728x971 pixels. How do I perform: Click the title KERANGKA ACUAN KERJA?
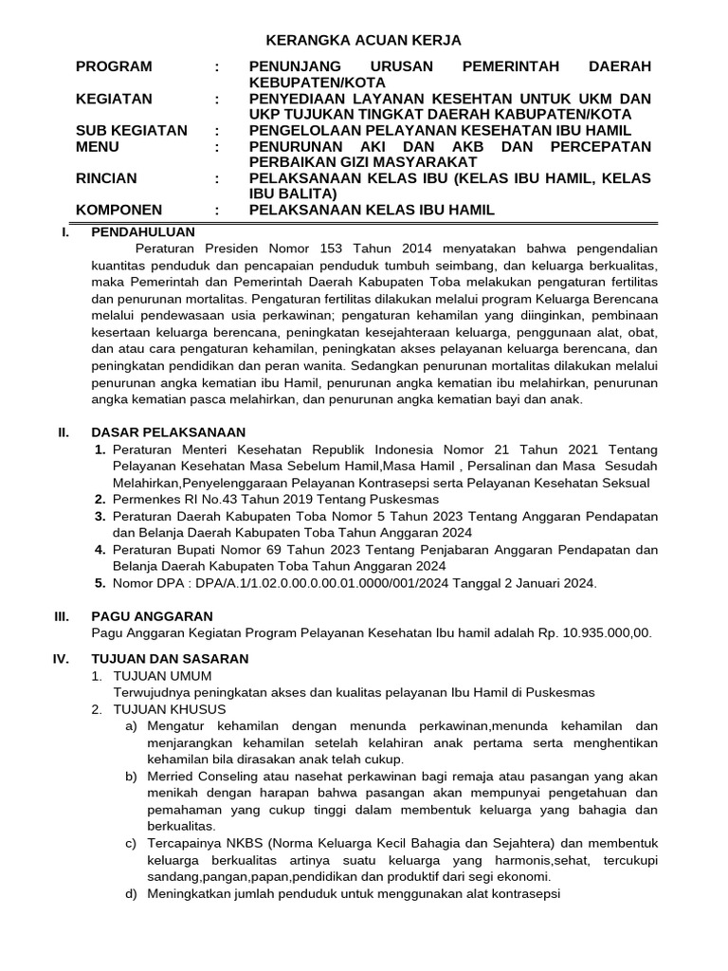pyautogui.click(x=363, y=40)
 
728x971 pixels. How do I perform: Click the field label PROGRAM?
pyautogui.click(x=114, y=66)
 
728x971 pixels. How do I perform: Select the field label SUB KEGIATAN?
pyautogui.click(x=132, y=130)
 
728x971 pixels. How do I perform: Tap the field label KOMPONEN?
pyautogui.click(x=119, y=210)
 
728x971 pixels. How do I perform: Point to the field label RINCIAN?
pyautogui.click(x=106, y=177)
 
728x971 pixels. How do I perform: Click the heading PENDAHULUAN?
pyautogui.click(x=142, y=231)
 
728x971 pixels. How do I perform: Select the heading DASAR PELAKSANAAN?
pyautogui.click(x=169, y=432)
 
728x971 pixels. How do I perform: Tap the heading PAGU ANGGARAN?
pyautogui.click(x=152, y=616)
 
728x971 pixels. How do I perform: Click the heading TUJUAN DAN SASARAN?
pyautogui.click(x=170, y=658)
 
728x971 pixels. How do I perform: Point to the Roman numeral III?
pyautogui.click(x=64, y=616)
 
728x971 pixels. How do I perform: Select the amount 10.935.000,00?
pyautogui.click(x=607, y=632)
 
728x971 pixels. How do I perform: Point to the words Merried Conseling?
pyautogui.click(x=197, y=776)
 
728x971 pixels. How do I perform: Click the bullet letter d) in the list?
pyautogui.click(x=131, y=893)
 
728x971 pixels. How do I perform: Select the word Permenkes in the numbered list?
pyautogui.click(x=145, y=500)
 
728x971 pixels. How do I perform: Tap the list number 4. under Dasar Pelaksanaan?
pyautogui.click(x=100, y=550)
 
